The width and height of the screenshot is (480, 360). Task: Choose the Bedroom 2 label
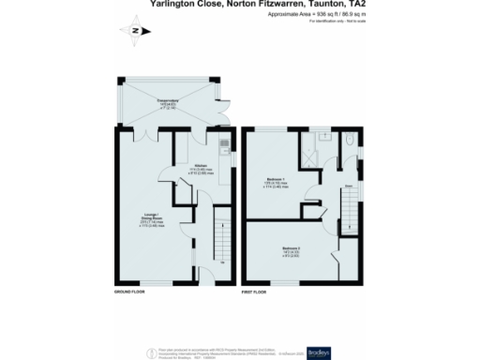(288, 249)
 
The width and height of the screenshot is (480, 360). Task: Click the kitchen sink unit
(223, 146)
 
